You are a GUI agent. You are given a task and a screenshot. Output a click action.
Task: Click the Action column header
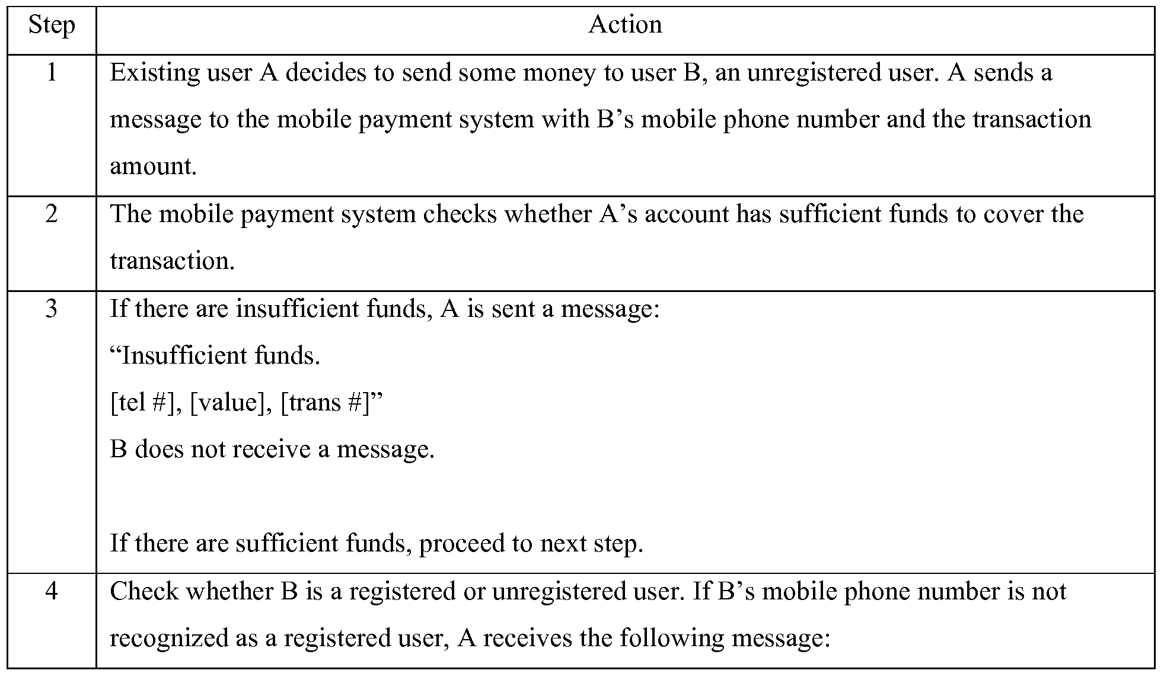[x=625, y=25]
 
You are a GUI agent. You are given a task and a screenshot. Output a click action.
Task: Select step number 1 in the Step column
[x=52, y=73]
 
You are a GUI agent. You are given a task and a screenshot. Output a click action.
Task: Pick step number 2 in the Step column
[x=52, y=214]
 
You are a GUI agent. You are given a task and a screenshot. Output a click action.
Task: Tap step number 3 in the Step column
[x=52, y=309]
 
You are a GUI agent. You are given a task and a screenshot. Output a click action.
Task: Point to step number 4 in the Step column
[x=52, y=591]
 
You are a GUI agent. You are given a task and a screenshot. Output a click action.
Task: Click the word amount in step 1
[x=153, y=166]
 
